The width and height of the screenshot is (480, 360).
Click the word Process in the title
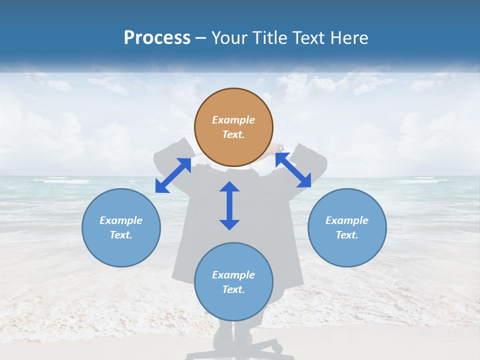tap(157, 38)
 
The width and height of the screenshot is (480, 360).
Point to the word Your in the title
tap(229, 38)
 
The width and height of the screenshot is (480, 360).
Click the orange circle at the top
tap(233, 127)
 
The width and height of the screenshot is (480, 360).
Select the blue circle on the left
tap(121, 227)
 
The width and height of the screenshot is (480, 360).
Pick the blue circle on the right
tap(347, 227)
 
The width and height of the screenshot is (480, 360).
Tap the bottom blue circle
tap(233, 282)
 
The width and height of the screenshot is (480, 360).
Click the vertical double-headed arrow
tap(229, 205)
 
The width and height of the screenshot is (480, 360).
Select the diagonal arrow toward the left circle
tap(173, 175)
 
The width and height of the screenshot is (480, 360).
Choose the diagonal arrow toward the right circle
tap(293, 170)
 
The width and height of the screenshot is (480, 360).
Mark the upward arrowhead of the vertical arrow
tap(229, 187)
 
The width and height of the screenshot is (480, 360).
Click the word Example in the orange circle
tap(233, 120)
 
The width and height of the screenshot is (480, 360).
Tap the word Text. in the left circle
tap(121, 235)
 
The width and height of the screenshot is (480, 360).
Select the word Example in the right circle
tap(347, 220)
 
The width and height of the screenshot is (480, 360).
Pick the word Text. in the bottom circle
tap(233, 289)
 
